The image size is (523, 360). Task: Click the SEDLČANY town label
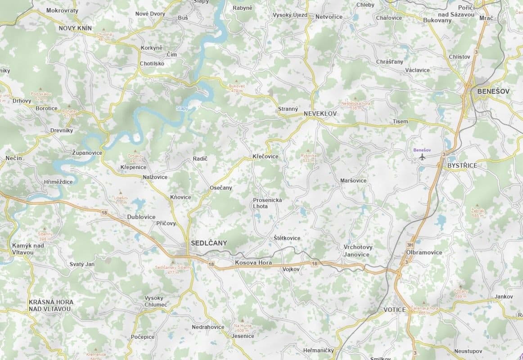pos(209,243)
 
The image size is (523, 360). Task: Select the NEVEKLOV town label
pos(320,114)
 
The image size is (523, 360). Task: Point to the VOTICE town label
pos(395,310)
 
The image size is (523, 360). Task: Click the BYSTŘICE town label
pos(462,166)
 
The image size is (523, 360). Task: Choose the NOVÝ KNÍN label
pos(75,28)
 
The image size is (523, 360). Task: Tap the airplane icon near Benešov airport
pos(422,157)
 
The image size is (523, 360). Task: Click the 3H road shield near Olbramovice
pos(410,245)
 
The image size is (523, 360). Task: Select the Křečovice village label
pos(265,157)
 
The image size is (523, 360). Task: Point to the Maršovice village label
pos(353,180)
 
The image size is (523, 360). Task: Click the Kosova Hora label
pos(254,262)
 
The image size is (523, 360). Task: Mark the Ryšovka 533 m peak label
pos(308,158)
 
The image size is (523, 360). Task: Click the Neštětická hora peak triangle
pos(356,98)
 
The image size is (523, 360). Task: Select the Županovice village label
pos(87,153)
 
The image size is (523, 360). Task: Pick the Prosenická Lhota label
pos(267,203)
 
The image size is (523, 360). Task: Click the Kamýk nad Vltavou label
pos(28,248)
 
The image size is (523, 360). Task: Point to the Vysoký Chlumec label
pos(156,301)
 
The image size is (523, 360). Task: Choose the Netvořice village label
pos(329,17)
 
